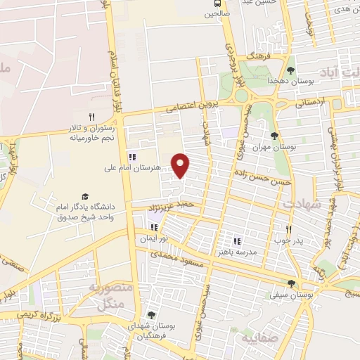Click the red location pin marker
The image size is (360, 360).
(181, 165)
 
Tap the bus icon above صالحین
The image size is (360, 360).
(211, 3)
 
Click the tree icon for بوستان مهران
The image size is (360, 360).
(274, 136)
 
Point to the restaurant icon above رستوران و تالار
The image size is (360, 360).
(91, 117)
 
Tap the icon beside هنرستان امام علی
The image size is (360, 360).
(131, 156)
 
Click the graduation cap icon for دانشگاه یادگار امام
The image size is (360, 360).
(85, 196)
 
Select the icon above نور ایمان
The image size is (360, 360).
(153, 227)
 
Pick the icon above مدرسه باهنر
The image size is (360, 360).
(237, 241)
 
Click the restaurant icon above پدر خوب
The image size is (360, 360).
(288, 229)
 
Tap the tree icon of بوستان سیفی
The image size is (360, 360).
(291, 284)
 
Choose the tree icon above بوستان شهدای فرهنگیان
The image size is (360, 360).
(150, 316)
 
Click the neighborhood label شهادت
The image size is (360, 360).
(302, 203)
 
